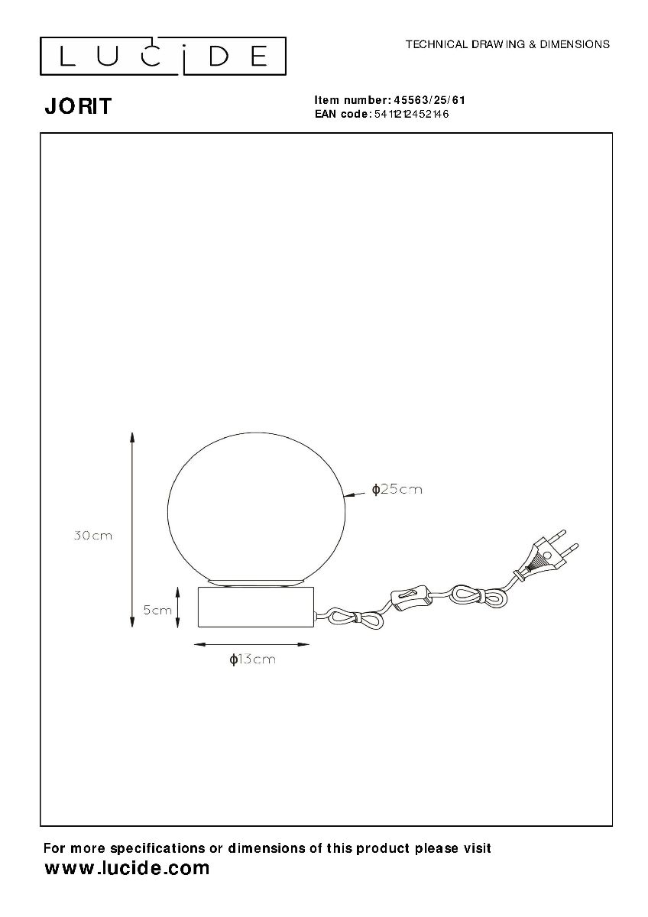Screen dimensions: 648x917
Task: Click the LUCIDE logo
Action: (163, 56)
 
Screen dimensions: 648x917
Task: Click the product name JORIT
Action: (78, 106)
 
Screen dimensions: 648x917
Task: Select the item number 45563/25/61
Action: (429, 100)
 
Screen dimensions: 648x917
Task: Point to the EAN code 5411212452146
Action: (411, 114)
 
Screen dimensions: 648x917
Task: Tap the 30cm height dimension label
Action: (93, 536)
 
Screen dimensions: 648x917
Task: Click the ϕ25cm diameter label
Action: (397, 489)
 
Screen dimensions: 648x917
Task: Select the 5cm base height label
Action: (157, 610)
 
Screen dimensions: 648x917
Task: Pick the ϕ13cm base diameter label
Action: (252, 659)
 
